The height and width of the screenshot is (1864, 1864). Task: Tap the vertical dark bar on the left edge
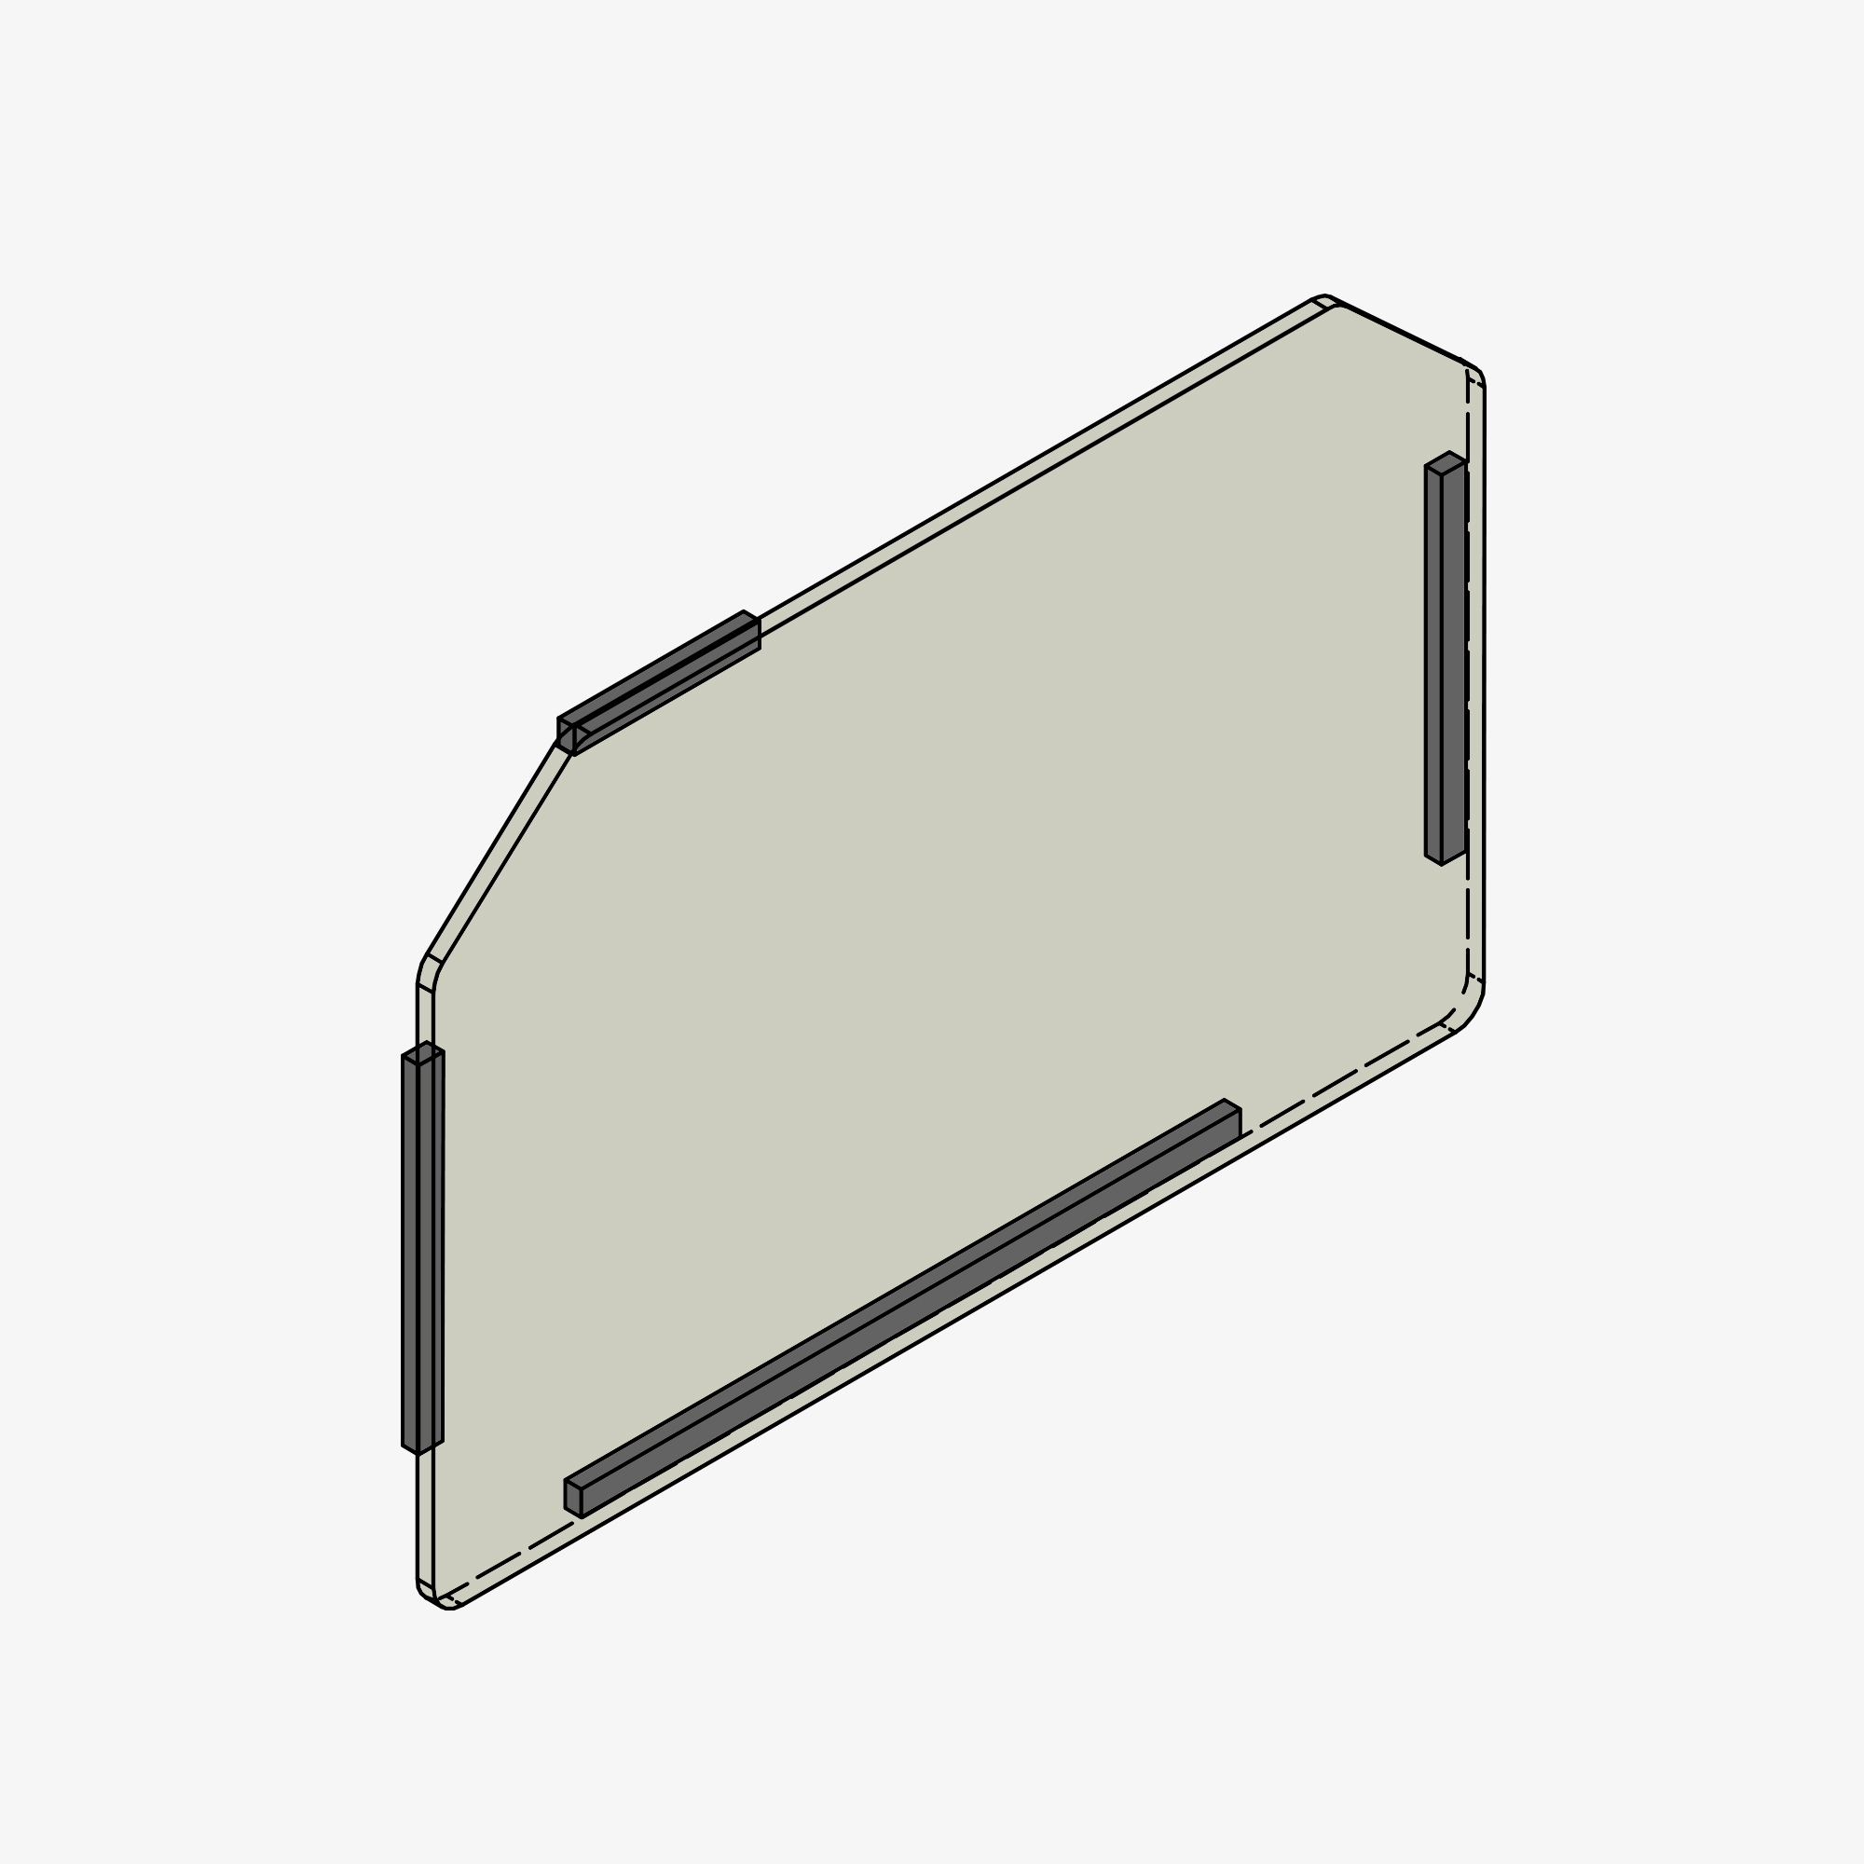pyautogui.click(x=422, y=1254)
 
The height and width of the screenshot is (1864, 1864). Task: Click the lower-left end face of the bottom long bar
pyautogui.click(x=573, y=1499)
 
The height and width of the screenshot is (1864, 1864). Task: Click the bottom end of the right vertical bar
pyautogui.click(x=1445, y=857)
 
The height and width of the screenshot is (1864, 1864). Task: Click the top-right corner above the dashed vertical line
pyautogui.click(x=1474, y=372)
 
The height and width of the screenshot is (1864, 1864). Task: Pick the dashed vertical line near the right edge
pyautogui.click(x=1468, y=676)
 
